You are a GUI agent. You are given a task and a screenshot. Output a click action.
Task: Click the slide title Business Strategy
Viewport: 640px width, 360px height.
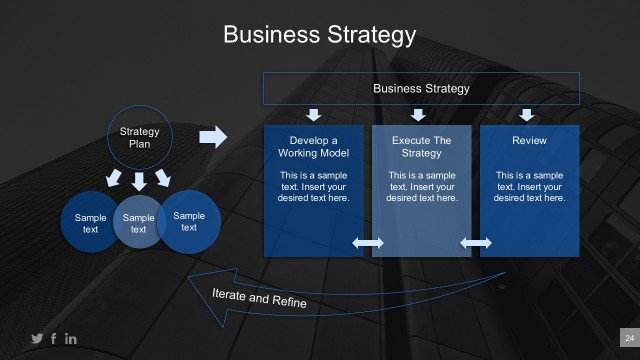(319, 35)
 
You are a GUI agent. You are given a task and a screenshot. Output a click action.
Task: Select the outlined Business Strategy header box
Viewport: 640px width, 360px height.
(420, 89)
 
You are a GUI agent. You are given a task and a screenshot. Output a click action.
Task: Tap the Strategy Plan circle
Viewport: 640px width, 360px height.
(139, 137)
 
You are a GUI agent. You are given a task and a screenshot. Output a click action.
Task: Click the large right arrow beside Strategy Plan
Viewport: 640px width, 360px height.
(213, 137)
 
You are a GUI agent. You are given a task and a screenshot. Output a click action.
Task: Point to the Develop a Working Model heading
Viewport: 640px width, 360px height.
(313, 147)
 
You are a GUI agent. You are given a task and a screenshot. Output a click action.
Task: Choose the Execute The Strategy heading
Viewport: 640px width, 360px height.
(421, 147)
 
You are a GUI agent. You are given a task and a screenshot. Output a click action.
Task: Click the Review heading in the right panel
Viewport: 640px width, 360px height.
(529, 141)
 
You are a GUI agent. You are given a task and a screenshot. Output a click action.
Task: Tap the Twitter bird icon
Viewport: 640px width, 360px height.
(37, 339)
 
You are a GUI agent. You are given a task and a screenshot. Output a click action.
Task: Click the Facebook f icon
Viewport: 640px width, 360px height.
(53, 339)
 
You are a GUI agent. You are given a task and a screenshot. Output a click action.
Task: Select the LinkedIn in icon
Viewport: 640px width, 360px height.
(70, 339)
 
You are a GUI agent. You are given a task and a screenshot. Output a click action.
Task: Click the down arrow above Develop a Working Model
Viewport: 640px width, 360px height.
(313, 114)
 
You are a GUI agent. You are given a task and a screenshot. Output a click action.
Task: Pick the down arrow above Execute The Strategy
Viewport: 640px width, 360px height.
(421, 114)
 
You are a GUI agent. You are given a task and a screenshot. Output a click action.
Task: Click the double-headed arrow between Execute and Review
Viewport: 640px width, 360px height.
(476, 243)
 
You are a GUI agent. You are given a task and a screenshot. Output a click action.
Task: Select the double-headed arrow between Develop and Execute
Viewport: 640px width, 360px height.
(368, 243)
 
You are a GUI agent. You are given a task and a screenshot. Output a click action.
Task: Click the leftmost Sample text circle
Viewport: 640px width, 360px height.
(89, 223)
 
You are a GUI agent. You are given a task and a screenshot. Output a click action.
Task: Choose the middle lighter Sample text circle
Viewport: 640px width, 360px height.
(139, 222)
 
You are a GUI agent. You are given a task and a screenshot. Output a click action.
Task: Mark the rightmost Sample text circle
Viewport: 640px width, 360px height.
(189, 220)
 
